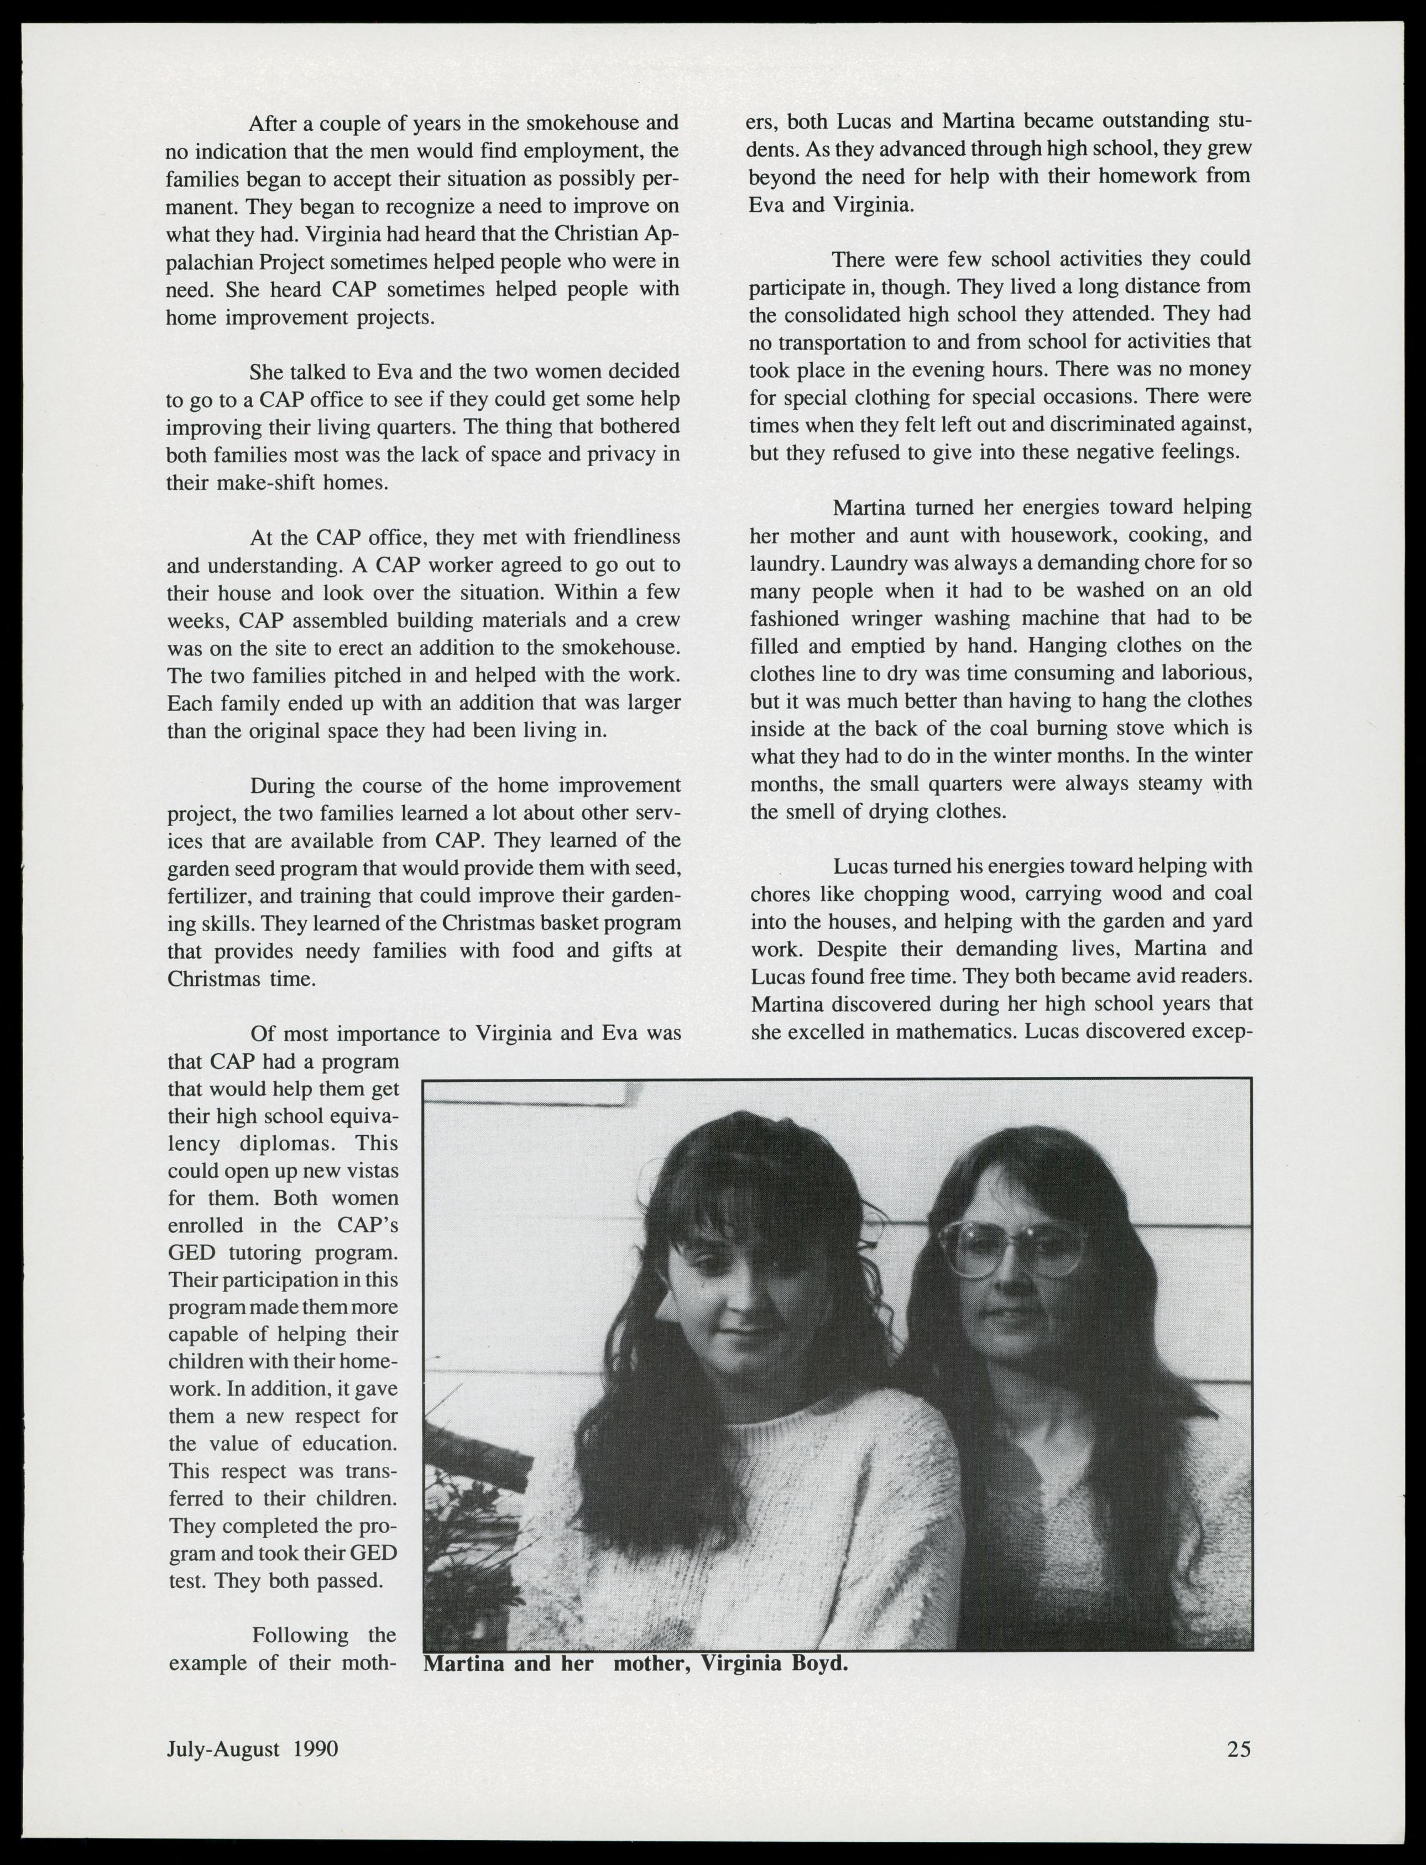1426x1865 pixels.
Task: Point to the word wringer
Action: point(911,618)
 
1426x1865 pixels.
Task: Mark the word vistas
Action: point(369,1171)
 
